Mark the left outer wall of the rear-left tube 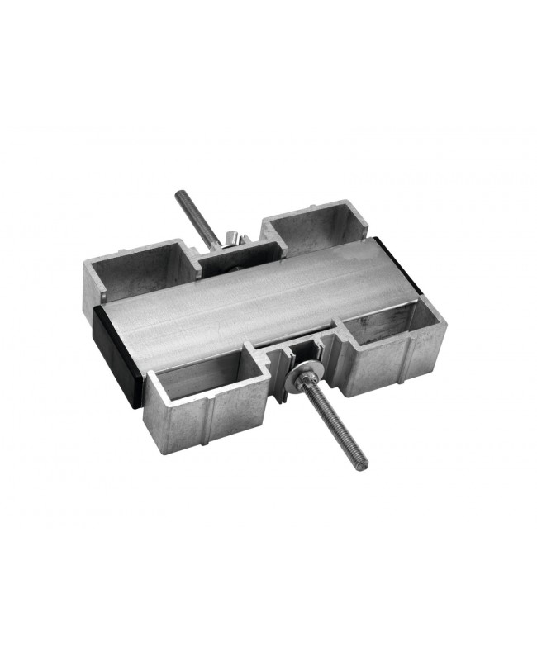(94, 281)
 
